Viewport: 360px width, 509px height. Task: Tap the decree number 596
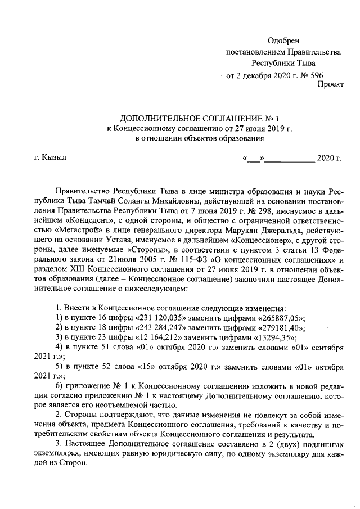316,74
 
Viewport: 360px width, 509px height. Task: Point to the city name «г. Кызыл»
50,157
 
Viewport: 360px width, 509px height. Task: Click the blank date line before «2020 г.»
289,158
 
